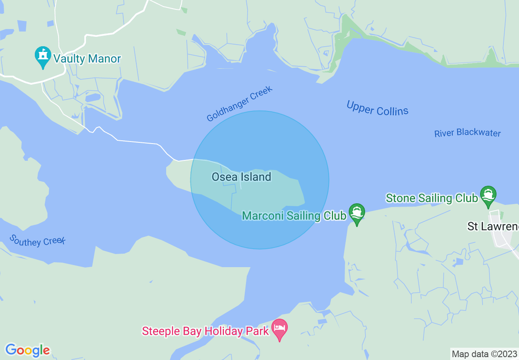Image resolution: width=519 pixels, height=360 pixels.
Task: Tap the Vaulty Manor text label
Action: (87, 59)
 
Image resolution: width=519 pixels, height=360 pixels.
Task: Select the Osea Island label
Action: (241, 177)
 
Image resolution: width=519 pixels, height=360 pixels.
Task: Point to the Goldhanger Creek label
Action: (239, 104)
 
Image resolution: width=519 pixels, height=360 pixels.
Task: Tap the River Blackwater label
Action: (467, 133)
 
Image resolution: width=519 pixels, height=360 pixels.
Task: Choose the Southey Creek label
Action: (37, 241)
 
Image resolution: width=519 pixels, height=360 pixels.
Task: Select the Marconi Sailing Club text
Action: (294, 216)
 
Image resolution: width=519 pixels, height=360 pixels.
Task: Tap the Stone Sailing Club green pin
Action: (488, 196)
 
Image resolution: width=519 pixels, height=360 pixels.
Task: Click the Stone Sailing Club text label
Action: (432, 198)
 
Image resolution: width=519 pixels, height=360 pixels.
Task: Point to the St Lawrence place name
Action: (493, 226)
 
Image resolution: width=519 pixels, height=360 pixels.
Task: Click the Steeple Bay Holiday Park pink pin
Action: (280, 329)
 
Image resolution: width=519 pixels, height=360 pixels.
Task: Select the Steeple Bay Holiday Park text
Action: (205, 331)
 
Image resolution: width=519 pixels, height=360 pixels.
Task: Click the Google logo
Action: (27, 350)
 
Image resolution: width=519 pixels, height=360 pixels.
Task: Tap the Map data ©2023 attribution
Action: (484, 353)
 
